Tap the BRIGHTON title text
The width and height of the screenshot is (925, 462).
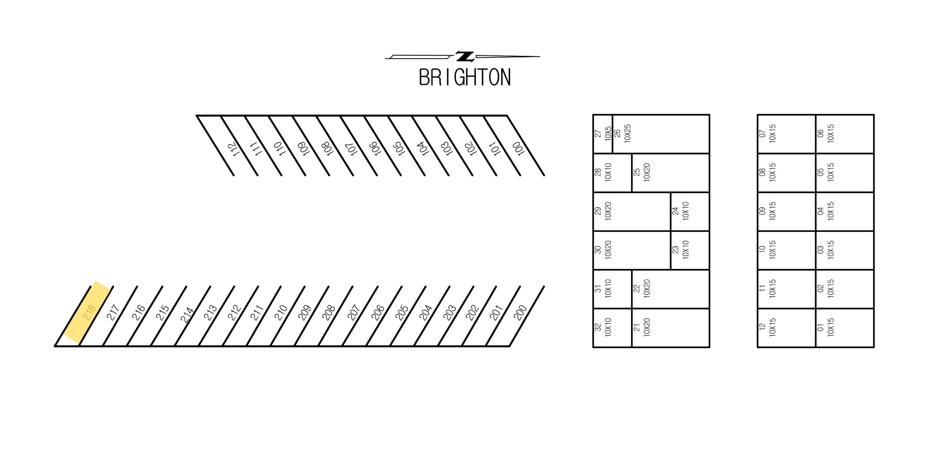coord(465,77)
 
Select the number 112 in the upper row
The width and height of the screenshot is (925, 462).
coord(233,149)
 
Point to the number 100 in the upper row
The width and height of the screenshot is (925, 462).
coord(518,149)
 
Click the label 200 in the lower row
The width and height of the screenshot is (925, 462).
coord(520,313)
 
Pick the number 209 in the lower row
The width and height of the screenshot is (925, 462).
coord(305,313)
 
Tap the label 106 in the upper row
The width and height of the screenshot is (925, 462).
coord(375,149)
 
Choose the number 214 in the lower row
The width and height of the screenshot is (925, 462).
coord(187,315)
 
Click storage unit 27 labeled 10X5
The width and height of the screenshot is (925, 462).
coord(603,134)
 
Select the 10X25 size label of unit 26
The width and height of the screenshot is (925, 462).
coord(627,133)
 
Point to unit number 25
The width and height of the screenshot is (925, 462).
coord(637,172)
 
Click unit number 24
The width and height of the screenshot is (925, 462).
coord(675,211)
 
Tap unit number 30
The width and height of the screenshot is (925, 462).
coord(598,249)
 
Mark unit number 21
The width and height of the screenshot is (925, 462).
coord(637,327)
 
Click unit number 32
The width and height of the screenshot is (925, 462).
coord(598,327)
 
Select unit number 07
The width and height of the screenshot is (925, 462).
coord(762,133)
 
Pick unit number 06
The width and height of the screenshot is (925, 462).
coord(821,133)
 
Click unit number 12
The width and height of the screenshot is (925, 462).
coord(762,327)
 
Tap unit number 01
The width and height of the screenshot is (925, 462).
coord(821,327)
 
